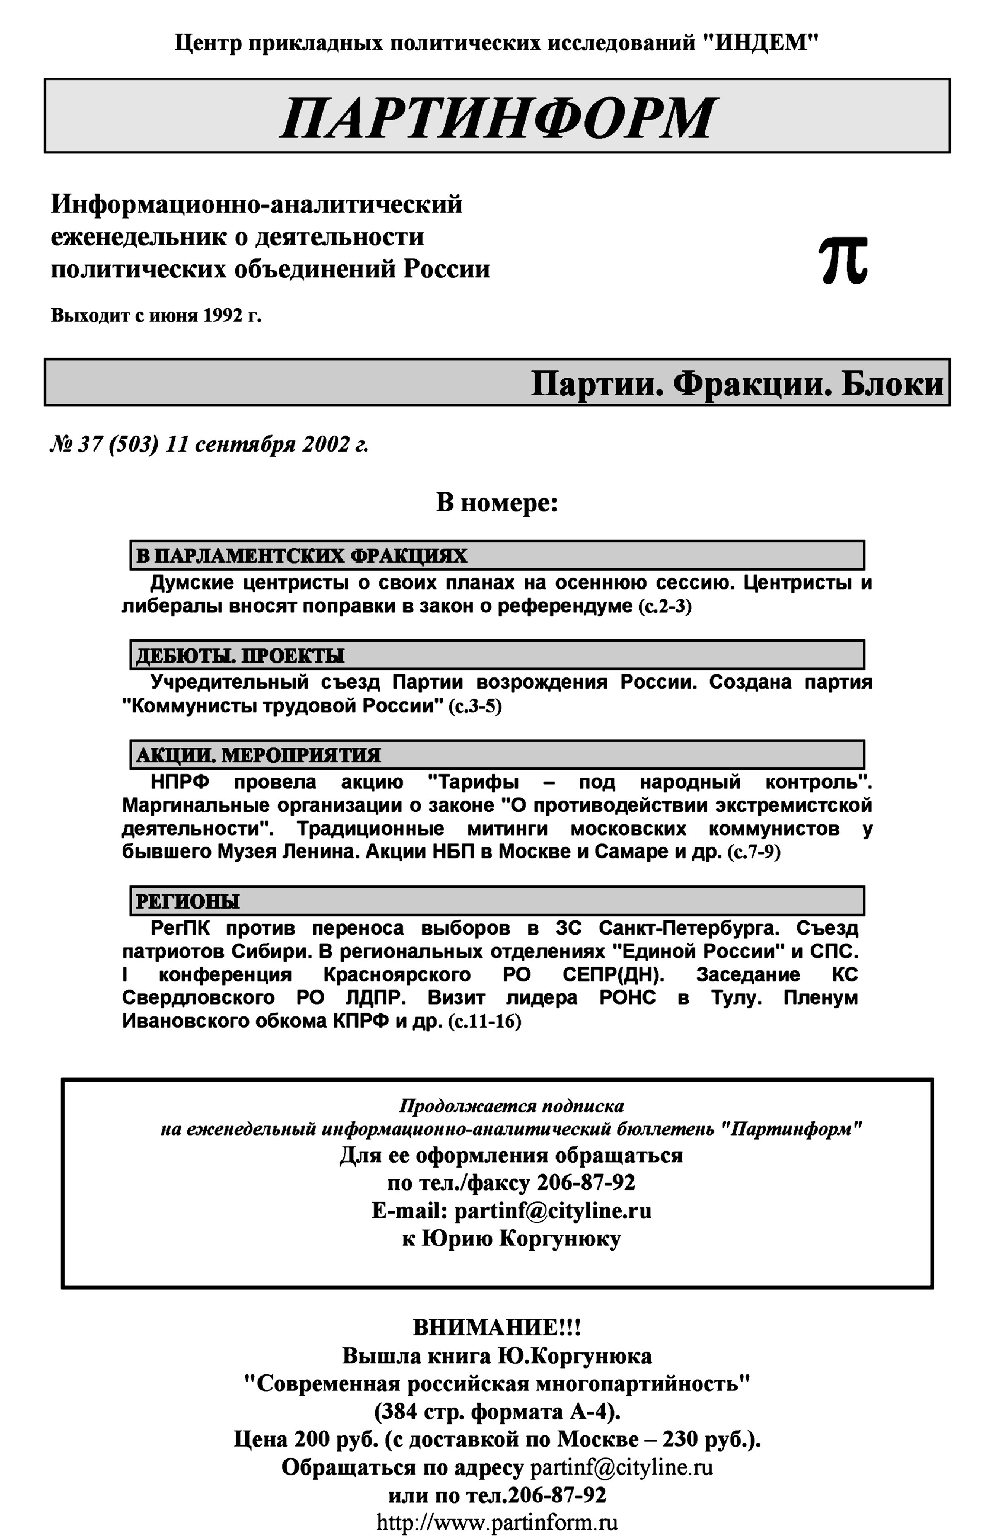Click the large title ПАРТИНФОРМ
pos(497,118)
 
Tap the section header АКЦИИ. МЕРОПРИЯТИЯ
pos(258,755)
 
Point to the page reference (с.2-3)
pos(665,607)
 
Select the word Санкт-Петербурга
pos(689,929)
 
